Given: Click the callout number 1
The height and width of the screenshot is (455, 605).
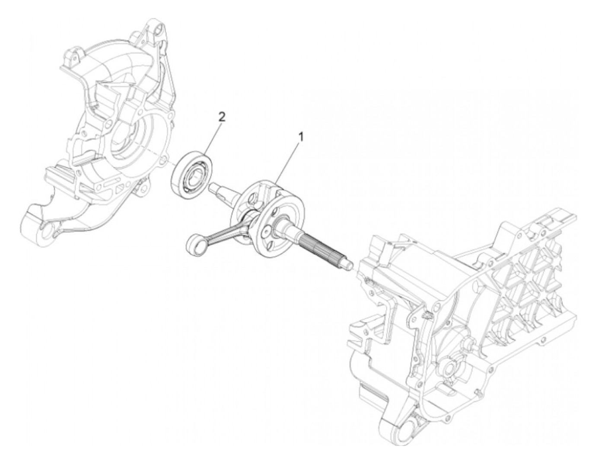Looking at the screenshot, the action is tap(302, 137).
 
